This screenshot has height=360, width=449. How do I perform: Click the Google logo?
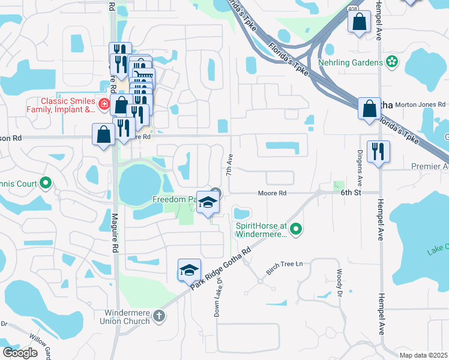click(20, 353)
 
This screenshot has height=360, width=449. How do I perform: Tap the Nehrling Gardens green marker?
click(392, 62)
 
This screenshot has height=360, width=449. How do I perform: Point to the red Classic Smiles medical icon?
click(104, 104)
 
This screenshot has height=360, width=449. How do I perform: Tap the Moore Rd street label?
click(273, 193)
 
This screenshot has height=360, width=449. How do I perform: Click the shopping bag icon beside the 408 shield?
click(359, 22)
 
